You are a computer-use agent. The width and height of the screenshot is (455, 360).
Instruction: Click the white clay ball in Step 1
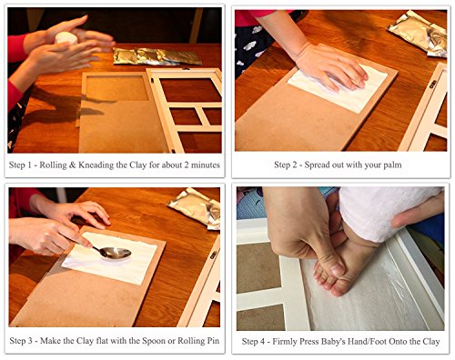(x=66, y=37)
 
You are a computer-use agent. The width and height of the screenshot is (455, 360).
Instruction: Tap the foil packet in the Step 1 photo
(x=157, y=56)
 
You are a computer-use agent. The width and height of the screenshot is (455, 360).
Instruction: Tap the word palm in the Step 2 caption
(x=393, y=165)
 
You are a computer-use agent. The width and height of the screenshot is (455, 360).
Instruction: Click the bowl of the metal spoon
(x=116, y=253)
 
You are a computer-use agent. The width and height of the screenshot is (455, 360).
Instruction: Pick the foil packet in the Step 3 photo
(x=196, y=207)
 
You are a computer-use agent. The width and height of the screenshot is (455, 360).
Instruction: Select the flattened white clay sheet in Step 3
(x=110, y=257)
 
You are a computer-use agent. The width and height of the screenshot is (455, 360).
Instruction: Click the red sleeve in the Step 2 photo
(x=261, y=16)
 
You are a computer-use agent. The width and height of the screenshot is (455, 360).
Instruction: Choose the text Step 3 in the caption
(x=21, y=341)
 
